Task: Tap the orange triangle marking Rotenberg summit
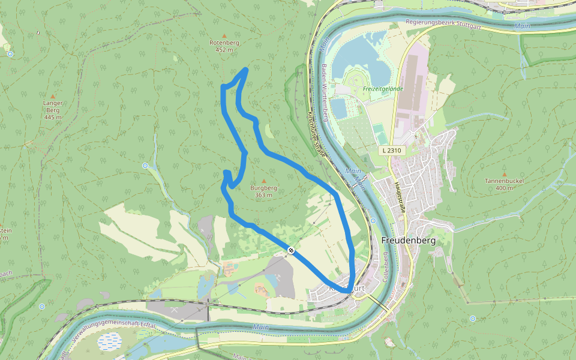tap(224, 35)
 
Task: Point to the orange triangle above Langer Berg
tap(53, 96)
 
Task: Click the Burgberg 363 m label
tap(263, 191)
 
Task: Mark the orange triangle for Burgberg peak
tap(263, 180)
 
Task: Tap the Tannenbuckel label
tap(504, 184)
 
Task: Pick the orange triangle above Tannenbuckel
tap(504, 173)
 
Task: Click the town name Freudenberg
tap(408, 240)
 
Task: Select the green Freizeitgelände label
tap(383, 89)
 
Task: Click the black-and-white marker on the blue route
tap(291, 250)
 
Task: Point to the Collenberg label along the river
tap(386, 268)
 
